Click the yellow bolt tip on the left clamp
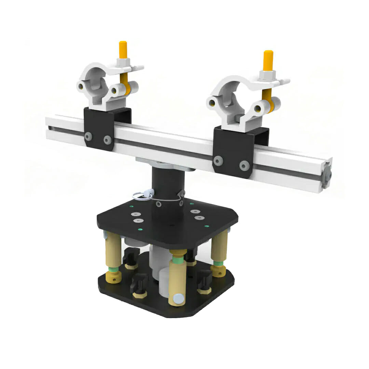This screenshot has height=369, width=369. (123, 48)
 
